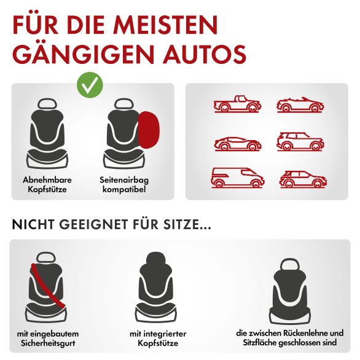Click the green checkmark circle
(x=90, y=85)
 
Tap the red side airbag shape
(x=149, y=130)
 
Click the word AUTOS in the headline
(x=205, y=55)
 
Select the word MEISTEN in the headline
(x=165, y=25)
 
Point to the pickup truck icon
(x=237, y=104)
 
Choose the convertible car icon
(x=300, y=105)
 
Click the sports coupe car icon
(x=238, y=144)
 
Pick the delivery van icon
(x=237, y=178)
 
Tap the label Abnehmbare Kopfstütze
(x=47, y=184)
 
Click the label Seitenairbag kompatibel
(x=124, y=184)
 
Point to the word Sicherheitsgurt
(x=48, y=343)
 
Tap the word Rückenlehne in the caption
(x=307, y=333)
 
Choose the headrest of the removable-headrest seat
(x=47, y=104)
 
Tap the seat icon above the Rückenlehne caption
(x=290, y=291)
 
